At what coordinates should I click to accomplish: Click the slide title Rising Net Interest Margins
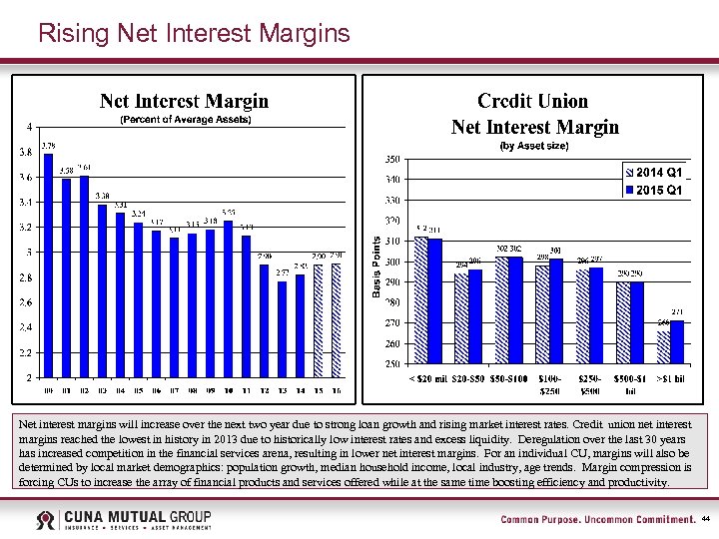(x=194, y=34)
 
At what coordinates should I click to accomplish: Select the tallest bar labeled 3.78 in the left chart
(x=48, y=266)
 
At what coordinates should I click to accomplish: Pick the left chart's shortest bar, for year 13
(x=283, y=328)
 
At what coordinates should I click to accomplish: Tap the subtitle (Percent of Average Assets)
(x=186, y=120)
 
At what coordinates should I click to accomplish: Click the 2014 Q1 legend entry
(x=655, y=172)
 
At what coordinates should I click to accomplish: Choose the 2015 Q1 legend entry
(x=655, y=190)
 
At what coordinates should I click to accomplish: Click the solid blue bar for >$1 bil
(x=677, y=341)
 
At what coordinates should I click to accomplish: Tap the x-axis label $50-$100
(x=509, y=378)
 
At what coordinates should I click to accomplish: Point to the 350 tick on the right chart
(x=392, y=160)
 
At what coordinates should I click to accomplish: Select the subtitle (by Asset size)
(x=533, y=146)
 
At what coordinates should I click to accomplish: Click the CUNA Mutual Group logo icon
(x=46, y=520)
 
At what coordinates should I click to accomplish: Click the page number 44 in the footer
(x=705, y=520)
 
